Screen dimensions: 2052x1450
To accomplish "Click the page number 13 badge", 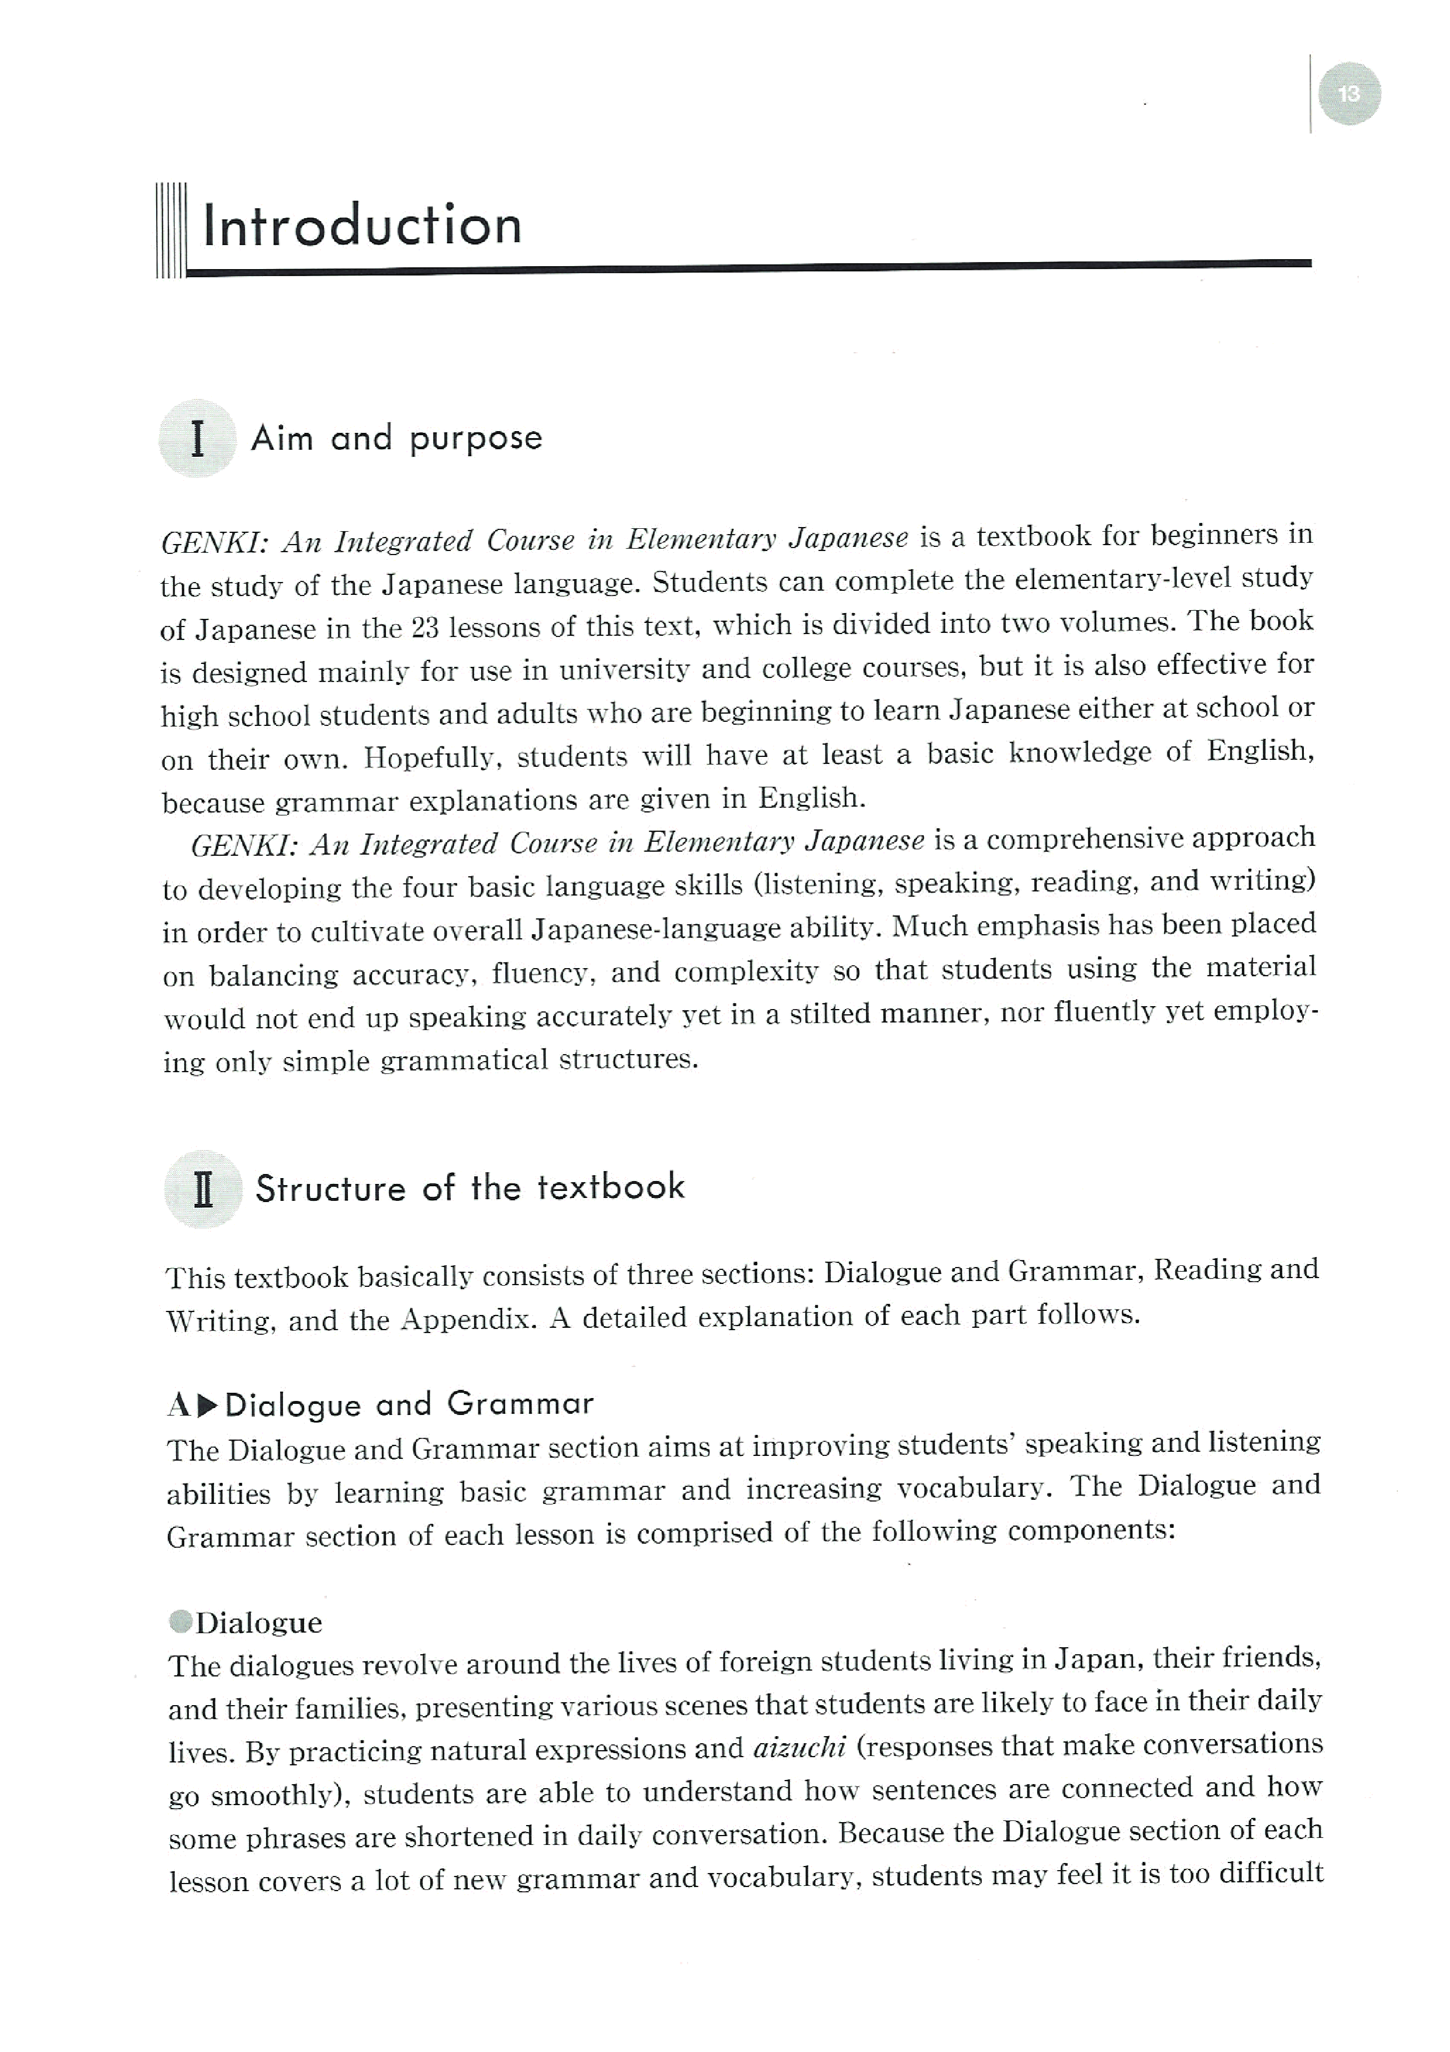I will click(1348, 94).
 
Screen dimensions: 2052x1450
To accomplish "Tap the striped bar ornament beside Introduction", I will click(170, 230).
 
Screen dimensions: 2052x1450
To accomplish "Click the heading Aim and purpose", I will click(396, 438).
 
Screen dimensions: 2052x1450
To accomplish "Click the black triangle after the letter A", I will click(208, 1406).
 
